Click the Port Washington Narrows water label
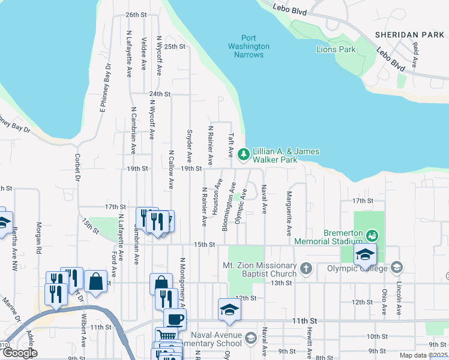[249, 46]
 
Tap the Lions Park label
[336, 49]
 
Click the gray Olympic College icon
[396, 266]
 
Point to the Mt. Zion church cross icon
[306, 269]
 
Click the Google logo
[19, 352]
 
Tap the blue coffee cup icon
[175, 319]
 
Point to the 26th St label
[136, 14]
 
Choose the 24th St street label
[160, 94]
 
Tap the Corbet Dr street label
[77, 167]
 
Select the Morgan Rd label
[38, 236]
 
